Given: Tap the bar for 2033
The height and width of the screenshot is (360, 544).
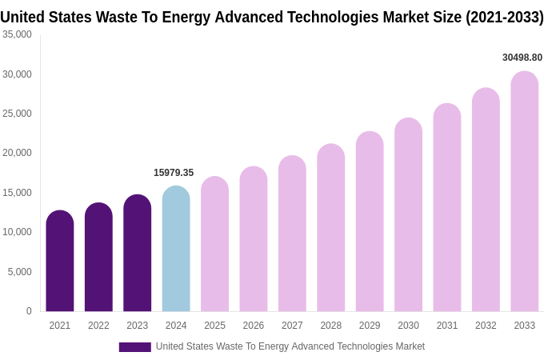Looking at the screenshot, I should pos(524,192).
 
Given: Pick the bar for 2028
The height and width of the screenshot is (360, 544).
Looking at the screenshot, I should pos(330,228).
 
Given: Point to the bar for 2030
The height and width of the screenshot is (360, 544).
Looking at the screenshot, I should pos(408,215).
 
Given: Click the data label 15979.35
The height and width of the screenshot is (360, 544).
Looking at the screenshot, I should pos(174,173).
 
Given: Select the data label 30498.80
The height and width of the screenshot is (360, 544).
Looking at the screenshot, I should pos(522,58).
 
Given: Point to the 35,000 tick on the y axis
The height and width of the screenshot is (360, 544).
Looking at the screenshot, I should pos(17,34).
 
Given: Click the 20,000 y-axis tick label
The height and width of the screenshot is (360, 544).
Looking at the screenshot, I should pos(17,153).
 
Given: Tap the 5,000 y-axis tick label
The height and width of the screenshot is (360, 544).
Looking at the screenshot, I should pos(19,272).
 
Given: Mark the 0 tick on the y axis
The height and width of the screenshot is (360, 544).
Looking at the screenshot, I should pos(29,311).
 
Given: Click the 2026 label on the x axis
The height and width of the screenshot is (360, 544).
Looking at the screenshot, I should pos(254,326).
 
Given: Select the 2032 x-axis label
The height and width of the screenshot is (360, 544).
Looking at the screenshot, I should pos(486,326).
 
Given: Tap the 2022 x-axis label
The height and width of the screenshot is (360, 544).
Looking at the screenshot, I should pos(98,326).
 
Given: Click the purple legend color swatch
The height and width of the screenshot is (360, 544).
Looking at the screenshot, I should pos(134,347).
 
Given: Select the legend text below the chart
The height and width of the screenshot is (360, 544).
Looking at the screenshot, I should pos(290,346).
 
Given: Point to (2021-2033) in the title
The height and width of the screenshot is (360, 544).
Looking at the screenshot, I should pos(504,17).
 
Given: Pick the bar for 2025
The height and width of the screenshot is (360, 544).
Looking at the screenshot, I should pos(214,244).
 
